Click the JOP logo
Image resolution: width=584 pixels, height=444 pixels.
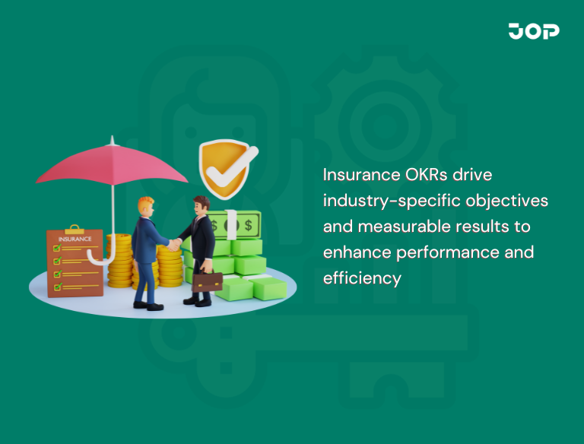(x=534, y=31)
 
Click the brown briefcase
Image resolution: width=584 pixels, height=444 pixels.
(x=207, y=282)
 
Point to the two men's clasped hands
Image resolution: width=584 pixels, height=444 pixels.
(x=175, y=245)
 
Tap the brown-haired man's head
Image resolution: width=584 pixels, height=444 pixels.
(x=201, y=205)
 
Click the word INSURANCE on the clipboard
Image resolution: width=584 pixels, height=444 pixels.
(x=75, y=238)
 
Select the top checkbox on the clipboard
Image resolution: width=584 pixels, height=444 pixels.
(x=56, y=247)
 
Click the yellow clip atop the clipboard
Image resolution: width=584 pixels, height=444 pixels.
(x=74, y=228)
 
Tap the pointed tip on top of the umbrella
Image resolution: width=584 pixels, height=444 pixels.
(x=112, y=140)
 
